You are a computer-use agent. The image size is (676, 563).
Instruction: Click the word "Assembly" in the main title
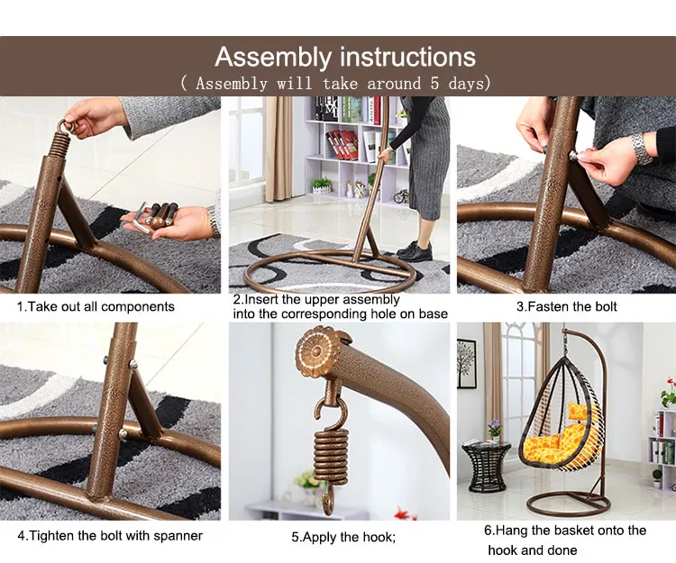click(x=273, y=58)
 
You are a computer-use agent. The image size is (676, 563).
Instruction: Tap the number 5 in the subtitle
click(x=434, y=83)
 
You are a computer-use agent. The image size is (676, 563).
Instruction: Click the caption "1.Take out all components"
click(x=96, y=306)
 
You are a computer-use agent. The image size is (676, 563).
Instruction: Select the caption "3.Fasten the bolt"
click(x=567, y=306)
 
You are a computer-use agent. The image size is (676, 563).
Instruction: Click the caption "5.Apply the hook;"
click(x=343, y=537)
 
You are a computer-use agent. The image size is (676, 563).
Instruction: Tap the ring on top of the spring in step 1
click(x=67, y=126)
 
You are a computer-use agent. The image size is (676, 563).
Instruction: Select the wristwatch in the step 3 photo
click(x=642, y=148)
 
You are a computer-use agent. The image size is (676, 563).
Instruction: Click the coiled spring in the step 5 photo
click(x=331, y=458)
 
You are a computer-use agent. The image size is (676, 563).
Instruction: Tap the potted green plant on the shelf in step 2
click(x=321, y=186)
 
